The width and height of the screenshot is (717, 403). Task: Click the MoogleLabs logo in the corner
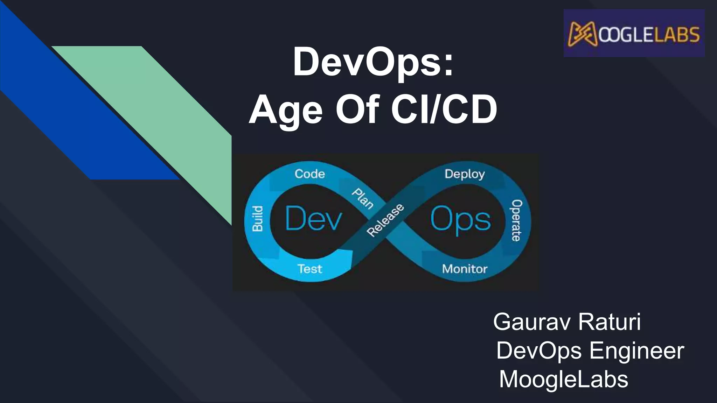[634, 34]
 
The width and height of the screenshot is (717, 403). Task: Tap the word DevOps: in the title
[373, 62]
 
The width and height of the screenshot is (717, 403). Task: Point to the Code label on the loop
[309, 174]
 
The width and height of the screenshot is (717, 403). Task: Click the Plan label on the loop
[362, 198]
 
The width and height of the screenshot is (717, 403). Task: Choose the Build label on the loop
[258, 219]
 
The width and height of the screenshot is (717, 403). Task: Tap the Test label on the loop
[309, 269]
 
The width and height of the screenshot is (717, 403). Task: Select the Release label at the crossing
[385, 220]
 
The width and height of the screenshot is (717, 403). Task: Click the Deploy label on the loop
[465, 174]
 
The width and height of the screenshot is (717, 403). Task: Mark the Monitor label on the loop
[465, 269]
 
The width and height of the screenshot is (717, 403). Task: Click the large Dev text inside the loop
[313, 219]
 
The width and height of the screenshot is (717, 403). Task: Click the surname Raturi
[610, 322]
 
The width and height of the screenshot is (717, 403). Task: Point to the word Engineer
[637, 351]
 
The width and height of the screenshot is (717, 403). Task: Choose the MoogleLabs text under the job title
[564, 379]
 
